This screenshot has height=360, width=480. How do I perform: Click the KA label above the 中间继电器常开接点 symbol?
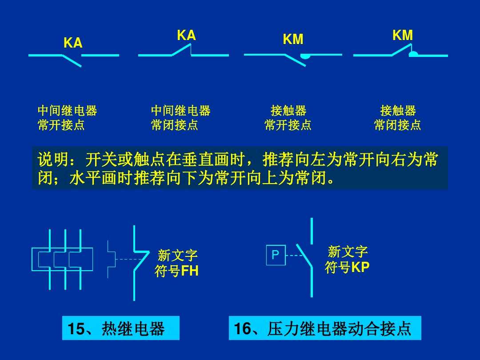pyautogui.click(x=73, y=43)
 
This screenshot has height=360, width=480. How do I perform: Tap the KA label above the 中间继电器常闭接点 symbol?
pyautogui.click(x=186, y=36)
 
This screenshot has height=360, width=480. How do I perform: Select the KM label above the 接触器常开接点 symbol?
pyautogui.click(x=293, y=40)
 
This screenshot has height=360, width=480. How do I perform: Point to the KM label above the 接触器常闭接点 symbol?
pyautogui.click(x=403, y=36)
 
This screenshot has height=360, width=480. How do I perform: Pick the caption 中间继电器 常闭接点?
pyautogui.click(x=180, y=118)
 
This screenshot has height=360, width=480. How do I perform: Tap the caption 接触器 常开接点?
pyautogui.click(x=288, y=118)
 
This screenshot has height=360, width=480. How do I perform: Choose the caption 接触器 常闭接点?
pyautogui.click(x=397, y=118)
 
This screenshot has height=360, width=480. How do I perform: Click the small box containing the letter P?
pyautogui.click(x=276, y=255)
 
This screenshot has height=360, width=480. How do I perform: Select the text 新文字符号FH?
pyautogui.click(x=177, y=263)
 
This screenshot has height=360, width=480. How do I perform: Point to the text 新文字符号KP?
pyautogui.click(x=347, y=260)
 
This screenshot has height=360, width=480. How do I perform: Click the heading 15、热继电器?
pyautogui.click(x=120, y=328)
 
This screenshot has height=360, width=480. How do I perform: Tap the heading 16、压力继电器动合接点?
pyautogui.click(x=324, y=328)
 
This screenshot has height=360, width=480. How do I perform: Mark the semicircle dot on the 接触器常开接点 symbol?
pyautogui.click(x=305, y=57)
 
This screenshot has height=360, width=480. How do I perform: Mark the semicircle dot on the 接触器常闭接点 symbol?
pyautogui.click(x=413, y=54)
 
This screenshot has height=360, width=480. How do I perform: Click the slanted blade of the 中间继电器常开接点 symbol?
pyautogui.click(x=72, y=61)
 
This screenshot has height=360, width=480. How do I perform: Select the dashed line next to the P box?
pyautogui.click(x=293, y=256)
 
